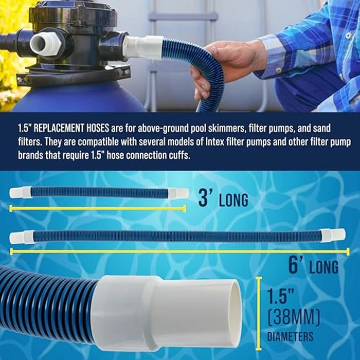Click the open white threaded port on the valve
coord(45,44)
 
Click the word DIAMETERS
coord(290,337)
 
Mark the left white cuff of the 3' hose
coord(20,193)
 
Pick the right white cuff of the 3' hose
coord(179,193)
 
